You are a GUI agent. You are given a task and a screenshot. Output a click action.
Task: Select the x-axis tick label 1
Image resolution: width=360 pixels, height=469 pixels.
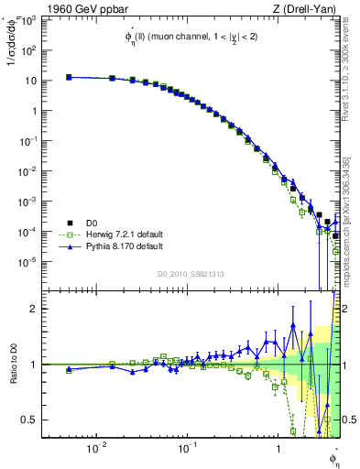pyautogui.click(x=278, y=448)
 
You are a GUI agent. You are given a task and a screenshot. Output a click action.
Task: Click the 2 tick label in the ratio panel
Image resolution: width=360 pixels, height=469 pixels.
pyautogui.click(x=33, y=309)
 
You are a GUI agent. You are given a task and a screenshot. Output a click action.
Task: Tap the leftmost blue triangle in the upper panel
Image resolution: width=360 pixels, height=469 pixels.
pyautogui.click(x=69, y=78)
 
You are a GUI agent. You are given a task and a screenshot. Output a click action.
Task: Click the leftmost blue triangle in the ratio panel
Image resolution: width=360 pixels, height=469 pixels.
pyautogui.click(x=69, y=369)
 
